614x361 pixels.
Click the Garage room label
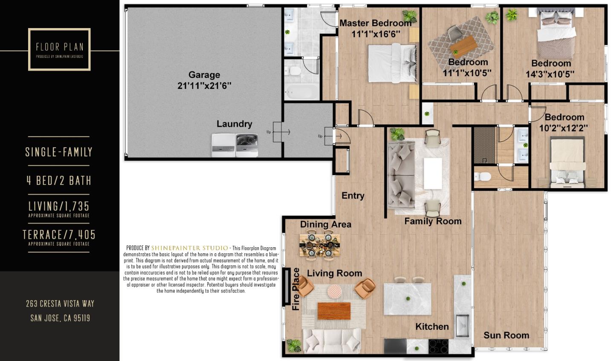[204, 75]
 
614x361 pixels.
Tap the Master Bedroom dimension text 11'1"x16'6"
[376, 34]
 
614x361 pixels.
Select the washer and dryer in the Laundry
[235, 145]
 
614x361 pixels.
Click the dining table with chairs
[320, 246]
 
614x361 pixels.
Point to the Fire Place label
[296, 289]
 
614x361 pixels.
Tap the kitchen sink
[462, 325]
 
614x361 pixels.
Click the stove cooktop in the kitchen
[438, 346]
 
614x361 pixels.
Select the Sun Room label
[506, 335]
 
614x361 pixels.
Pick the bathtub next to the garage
[301, 92]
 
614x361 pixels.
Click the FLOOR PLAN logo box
[59, 49]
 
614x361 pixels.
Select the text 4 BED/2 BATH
[59, 180]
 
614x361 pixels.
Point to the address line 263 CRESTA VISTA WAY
[60, 304]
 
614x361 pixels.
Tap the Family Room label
[433, 221]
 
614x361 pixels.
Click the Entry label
[353, 196]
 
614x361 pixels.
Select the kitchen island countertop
[407, 299]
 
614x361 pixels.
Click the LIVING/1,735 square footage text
[59, 207]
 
